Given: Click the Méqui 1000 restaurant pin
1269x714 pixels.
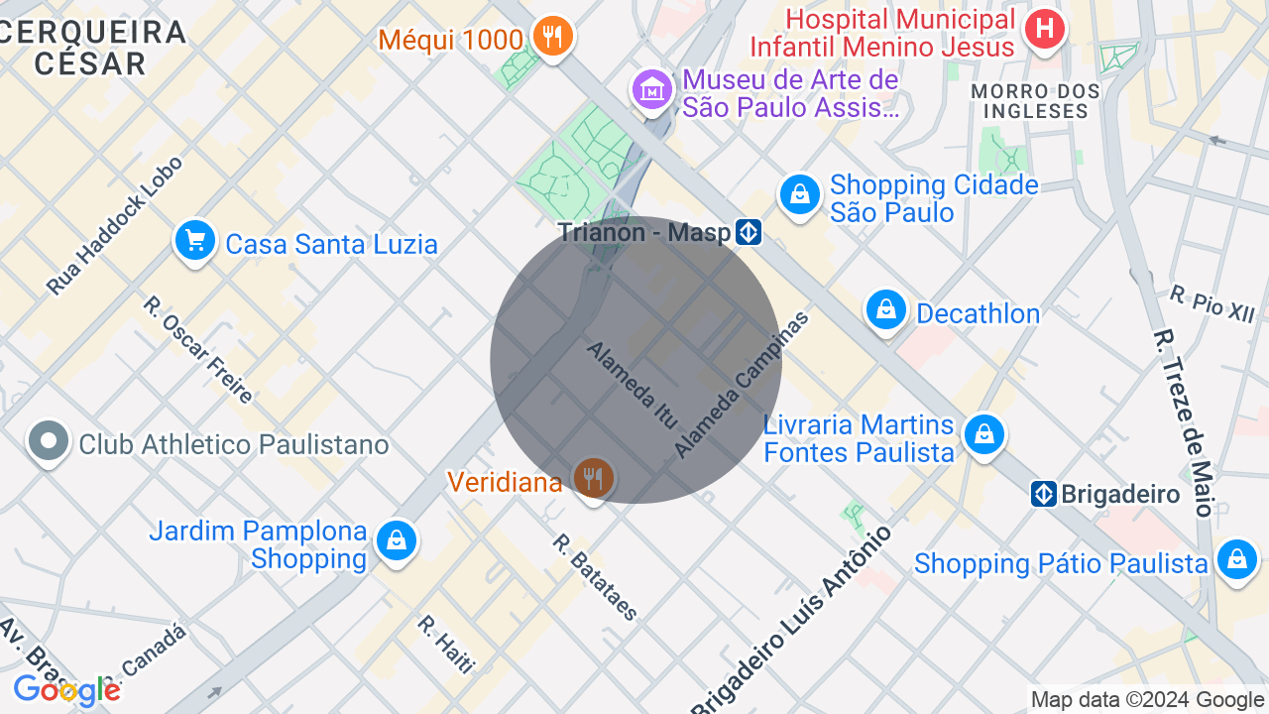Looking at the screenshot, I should [x=552, y=38].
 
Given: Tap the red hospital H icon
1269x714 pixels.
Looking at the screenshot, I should [x=1044, y=29].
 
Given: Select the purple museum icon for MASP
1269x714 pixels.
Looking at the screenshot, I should [x=652, y=91].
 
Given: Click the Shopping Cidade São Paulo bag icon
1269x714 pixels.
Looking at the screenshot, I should [x=798, y=195].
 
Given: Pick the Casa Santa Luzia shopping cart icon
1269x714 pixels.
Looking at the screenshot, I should [x=195, y=241].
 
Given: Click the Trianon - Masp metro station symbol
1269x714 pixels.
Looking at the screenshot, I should [x=749, y=233].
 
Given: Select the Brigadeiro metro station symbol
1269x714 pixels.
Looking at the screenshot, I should [x=1043, y=494].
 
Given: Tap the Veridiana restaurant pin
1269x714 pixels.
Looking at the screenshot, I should [x=593, y=479].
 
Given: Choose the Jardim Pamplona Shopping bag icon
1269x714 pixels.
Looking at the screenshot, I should [x=397, y=541].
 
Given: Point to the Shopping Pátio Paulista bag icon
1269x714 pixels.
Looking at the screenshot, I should [x=1237, y=560].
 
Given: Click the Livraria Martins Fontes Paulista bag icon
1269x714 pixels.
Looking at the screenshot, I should [x=983, y=435].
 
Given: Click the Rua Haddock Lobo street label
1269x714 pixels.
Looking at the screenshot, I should [x=115, y=226].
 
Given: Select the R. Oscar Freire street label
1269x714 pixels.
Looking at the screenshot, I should [x=198, y=349].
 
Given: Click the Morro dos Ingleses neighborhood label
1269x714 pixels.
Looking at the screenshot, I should [x=1035, y=101].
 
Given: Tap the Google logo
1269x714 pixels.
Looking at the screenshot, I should [x=66, y=690].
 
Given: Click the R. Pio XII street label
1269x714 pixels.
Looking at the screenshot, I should [x=1211, y=302].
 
